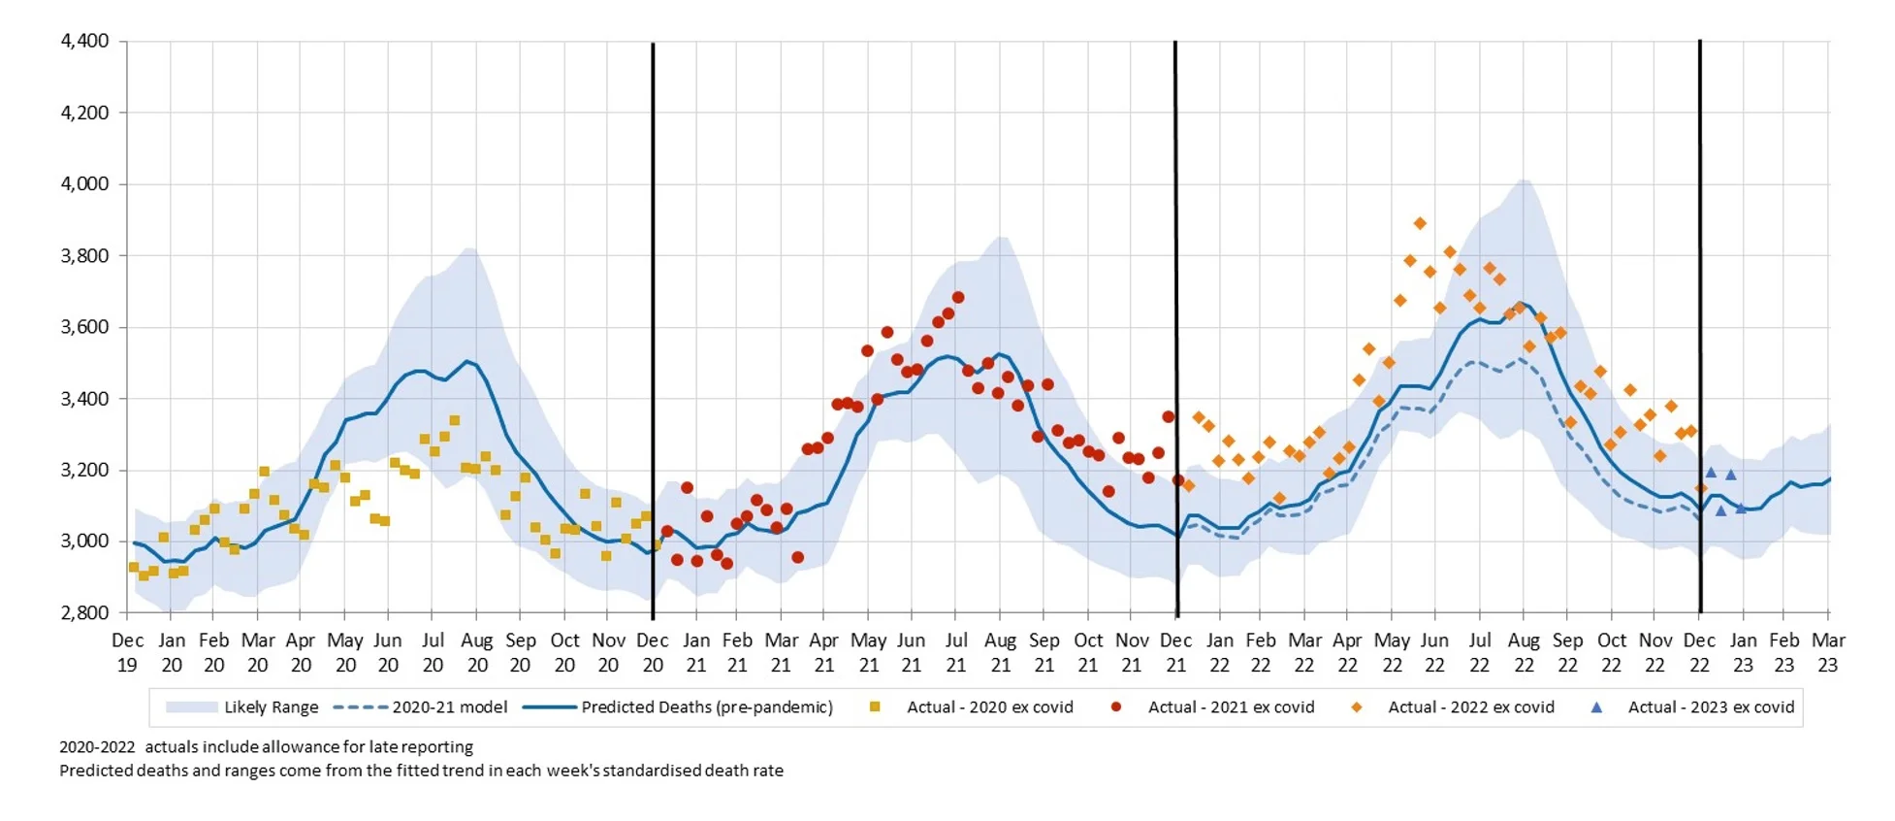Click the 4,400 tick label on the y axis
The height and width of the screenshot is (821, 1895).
84,41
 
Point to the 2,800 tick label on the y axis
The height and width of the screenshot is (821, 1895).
84,612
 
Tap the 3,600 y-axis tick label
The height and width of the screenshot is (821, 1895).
84,327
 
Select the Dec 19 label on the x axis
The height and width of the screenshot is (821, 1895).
127,652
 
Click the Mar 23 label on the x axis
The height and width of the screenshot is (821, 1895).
1828,652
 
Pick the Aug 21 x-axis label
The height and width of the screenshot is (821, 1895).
1000,652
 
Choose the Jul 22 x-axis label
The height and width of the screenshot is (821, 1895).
1479,652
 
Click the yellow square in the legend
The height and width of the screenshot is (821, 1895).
875,707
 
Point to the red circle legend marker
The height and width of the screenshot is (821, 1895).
1116,707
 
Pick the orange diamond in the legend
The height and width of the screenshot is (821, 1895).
1356,707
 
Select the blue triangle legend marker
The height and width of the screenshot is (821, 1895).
1596,707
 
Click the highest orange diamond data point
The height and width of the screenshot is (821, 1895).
1420,223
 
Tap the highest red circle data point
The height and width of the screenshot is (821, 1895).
958,298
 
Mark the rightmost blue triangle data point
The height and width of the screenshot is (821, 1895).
1741,509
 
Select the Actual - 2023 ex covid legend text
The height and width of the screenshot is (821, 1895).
1711,707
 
